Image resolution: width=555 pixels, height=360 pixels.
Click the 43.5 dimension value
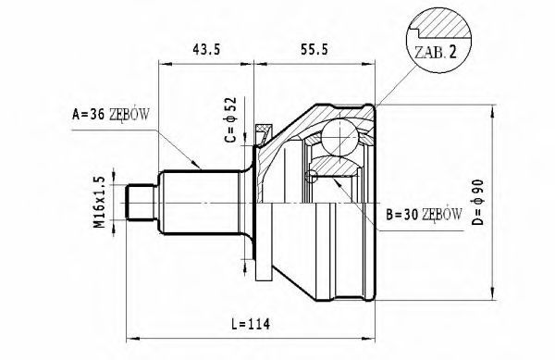pos(206,50)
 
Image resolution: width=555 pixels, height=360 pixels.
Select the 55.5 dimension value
pos(314,50)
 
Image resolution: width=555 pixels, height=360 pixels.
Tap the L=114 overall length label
pos(251,324)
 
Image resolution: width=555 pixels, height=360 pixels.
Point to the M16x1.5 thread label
pos(100,202)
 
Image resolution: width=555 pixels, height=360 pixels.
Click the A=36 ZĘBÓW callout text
pos(111,115)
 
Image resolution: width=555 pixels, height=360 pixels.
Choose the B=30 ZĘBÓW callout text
pos(424,214)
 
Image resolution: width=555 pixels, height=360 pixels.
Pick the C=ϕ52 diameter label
pos(230,119)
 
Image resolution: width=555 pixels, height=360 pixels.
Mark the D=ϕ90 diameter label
pos(478,202)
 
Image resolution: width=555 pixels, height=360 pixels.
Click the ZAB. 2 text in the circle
pos(436,53)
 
